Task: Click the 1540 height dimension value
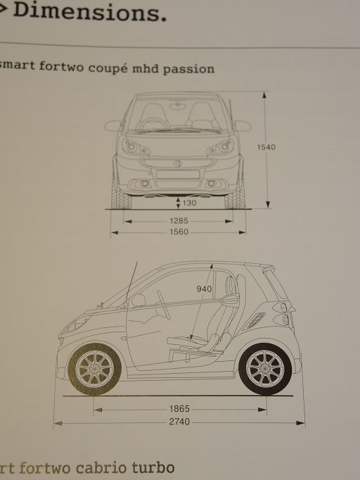(266, 147)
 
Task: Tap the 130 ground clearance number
(189, 203)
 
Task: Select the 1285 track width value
(179, 221)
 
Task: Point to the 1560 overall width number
(179, 232)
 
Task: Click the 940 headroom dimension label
(204, 289)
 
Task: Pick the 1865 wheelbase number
(179, 409)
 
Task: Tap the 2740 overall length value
(179, 422)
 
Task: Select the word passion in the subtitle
(188, 69)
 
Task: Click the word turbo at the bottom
(153, 468)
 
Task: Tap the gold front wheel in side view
(94, 369)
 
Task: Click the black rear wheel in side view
(265, 369)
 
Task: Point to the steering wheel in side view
(163, 305)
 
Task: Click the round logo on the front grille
(177, 163)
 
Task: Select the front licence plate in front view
(178, 174)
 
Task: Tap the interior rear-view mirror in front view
(178, 106)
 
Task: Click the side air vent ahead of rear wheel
(254, 321)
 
